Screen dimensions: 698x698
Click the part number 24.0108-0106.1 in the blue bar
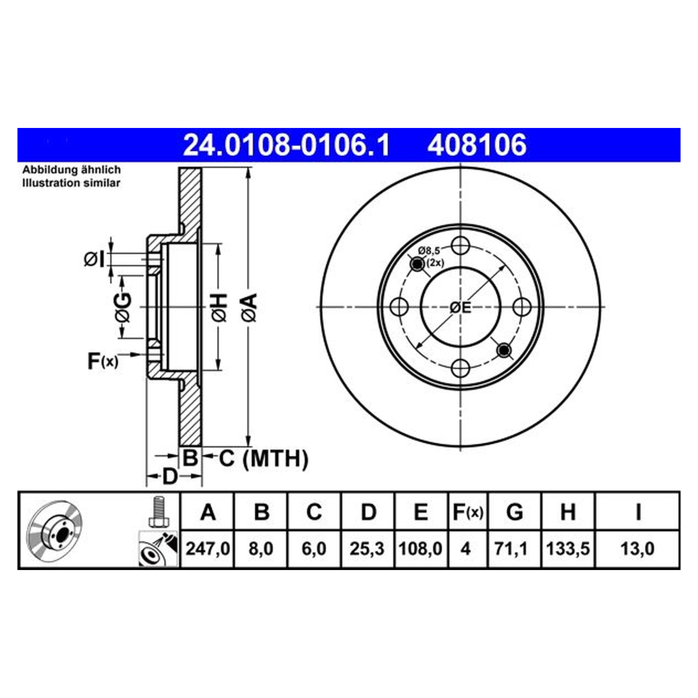(287, 145)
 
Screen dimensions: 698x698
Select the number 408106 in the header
(477, 145)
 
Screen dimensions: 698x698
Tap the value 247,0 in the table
(208, 549)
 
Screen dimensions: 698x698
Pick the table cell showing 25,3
(367, 549)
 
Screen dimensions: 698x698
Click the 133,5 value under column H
(568, 549)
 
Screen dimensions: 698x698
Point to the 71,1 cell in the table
(515, 549)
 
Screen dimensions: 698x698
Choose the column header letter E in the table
(421, 512)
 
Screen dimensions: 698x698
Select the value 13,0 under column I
(638, 549)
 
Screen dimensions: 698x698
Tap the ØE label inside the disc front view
(461, 308)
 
